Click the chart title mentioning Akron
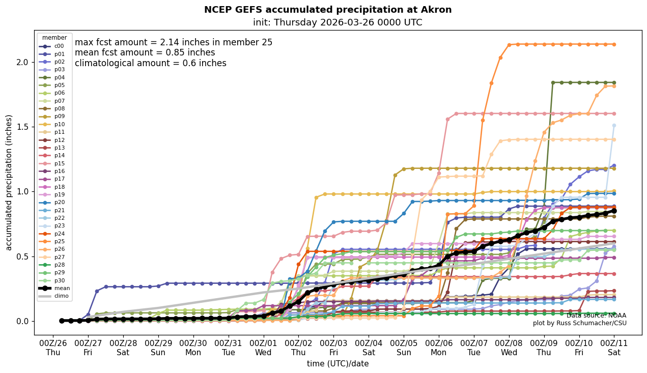pyautogui.click(x=328, y=10)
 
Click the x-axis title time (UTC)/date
pyautogui.click(x=337, y=364)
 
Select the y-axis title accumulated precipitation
pyautogui.click(x=9, y=183)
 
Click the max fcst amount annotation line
pyautogui.click(x=174, y=43)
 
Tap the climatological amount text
pyautogui.click(x=151, y=64)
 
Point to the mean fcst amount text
pyautogui.click(x=145, y=53)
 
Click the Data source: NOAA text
pyautogui.click(x=596, y=315)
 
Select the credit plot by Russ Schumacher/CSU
pyautogui.click(x=580, y=323)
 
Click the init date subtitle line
pyautogui.click(x=337, y=23)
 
